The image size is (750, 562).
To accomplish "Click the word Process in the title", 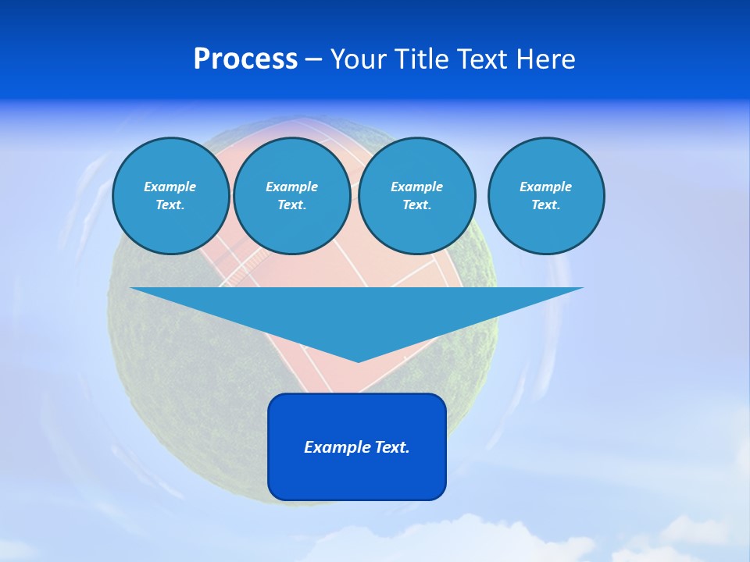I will [245, 59].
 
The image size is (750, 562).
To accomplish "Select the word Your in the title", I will [359, 59].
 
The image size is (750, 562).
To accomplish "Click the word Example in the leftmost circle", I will [170, 187].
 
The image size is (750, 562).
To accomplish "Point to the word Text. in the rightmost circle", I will [545, 205].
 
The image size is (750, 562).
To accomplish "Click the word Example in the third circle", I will [416, 187].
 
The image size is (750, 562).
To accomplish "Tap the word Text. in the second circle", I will [291, 205].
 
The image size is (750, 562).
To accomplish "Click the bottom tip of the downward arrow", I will [358, 360].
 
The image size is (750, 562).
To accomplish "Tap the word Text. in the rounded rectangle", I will [392, 447].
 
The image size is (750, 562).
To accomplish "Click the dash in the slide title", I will [313, 60].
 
